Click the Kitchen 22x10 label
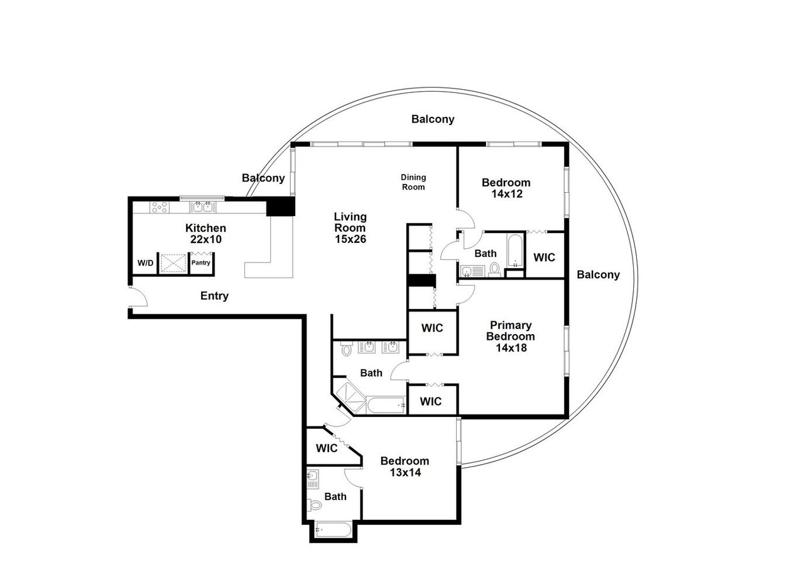[x=205, y=234]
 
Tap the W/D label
[x=145, y=263]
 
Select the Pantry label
[x=201, y=263]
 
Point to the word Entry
[x=214, y=296]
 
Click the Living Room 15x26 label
[x=350, y=227]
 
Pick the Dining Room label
[x=413, y=182]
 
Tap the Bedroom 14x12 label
[x=506, y=188]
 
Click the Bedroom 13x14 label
[x=405, y=467]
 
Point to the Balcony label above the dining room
[x=433, y=119]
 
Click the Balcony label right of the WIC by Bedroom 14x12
[x=598, y=274]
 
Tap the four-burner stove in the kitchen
[x=159, y=207]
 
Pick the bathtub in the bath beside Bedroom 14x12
[x=514, y=249]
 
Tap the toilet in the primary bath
[x=345, y=350]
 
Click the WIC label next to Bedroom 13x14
[x=327, y=448]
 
